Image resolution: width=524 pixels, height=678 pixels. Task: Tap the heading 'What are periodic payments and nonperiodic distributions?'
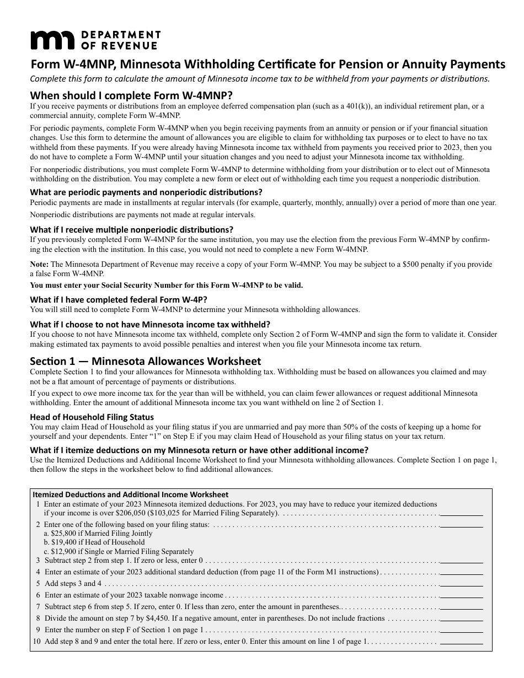[146, 192]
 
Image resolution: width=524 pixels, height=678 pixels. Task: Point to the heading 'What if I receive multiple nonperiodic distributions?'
[131, 229]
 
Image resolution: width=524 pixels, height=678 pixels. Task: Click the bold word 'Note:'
[39, 265]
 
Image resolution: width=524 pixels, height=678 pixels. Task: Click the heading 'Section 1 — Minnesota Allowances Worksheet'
[145, 362]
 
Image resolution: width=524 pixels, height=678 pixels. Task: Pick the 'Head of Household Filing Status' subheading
[92, 417]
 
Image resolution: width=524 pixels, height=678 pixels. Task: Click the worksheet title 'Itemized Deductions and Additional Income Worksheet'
[131, 494]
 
